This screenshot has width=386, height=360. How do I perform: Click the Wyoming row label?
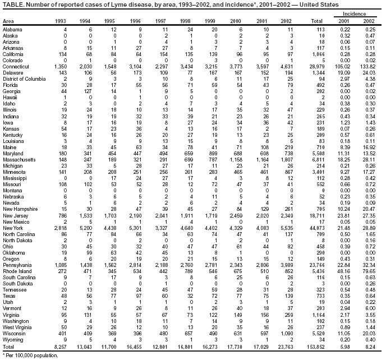(x=14, y=340)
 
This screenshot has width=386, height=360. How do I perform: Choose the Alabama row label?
(x=13, y=28)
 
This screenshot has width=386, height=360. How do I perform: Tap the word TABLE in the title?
(x=12, y=4)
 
